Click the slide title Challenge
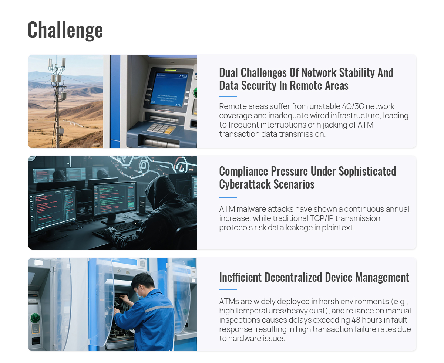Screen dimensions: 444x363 pyautogui.click(x=65, y=30)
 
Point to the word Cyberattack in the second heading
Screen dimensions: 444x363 pyautogui.click(x=245, y=184)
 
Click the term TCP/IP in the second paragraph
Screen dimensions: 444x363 pyautogui.click(x=322, y=218)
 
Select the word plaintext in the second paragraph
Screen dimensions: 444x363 pyautogui.click(x=338, y=228)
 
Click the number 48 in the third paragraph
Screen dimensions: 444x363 pyautogui.click(x=356, y=320)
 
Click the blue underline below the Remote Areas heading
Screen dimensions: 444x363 pyautogui.click(x=228, y=96)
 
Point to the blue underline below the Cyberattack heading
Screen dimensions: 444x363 pyautogui.click(x=228, y=197)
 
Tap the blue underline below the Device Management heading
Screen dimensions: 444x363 pyautogui.click(x=228, y=289)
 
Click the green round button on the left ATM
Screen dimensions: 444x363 pyautogui.click(x=35, y=318)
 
